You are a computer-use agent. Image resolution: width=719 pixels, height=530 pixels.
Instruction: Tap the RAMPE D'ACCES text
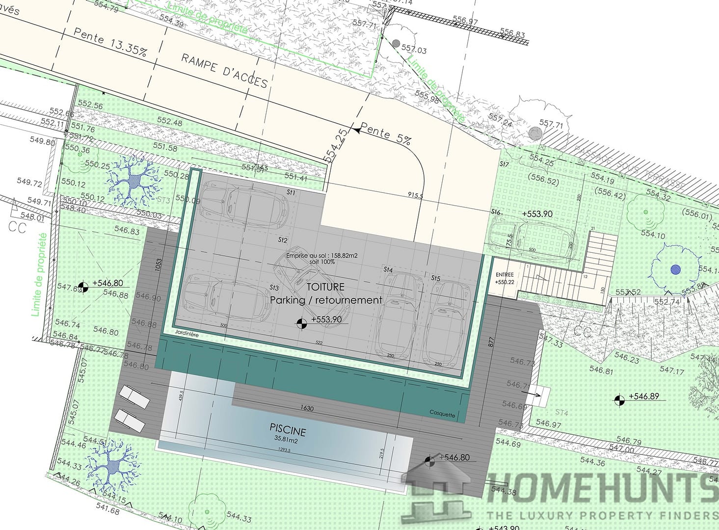click(225, 70)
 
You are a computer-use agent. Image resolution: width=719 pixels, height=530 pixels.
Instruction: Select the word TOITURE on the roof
click(325, 287)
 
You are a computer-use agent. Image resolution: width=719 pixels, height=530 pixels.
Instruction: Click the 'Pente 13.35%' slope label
click(110, 42)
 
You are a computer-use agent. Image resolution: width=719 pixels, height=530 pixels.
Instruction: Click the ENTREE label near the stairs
click(505, 275)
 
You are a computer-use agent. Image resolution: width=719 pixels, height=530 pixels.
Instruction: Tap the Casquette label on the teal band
click(442, 414)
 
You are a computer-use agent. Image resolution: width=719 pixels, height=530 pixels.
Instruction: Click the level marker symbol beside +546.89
click(619, 400)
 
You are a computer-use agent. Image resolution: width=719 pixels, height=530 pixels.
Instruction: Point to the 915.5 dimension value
click(415, 195)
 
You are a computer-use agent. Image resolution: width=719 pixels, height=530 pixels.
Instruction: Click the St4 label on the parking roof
click(388, 270)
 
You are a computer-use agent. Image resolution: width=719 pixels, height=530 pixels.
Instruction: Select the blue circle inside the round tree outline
click(676, 269)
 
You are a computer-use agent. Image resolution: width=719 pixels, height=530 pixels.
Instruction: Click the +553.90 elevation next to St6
click(537, 214)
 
